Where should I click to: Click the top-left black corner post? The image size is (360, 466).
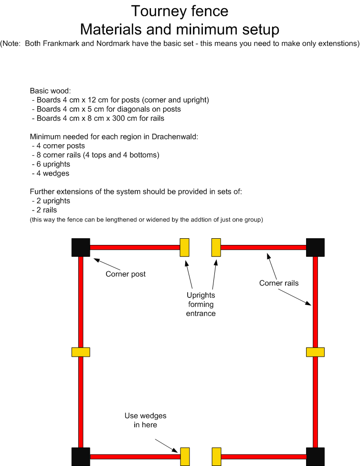click(81, 247)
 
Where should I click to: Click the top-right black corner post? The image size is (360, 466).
click(315, 247)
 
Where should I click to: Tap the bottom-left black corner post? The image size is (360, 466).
click(81, 457)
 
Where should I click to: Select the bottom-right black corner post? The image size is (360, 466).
click(315, 457)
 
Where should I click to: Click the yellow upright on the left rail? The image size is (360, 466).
click(81, 352)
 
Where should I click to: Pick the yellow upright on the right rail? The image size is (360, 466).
click(315, 352)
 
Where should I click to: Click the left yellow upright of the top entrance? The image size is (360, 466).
click(185, 247)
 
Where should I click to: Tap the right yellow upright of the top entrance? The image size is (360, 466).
click(216, 247)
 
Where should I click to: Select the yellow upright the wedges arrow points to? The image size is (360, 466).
click(185, 457)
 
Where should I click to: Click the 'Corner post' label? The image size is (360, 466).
click(126, 274)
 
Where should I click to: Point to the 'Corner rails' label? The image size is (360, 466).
click(279, 283)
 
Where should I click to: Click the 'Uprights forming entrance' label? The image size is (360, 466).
click(201, 304)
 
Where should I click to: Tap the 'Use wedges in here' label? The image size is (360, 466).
click(145, 420)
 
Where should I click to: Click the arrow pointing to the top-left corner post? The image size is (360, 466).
click(107, 264)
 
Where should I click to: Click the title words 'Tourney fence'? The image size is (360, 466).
click(180, 11)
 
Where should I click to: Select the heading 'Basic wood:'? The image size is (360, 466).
click(50, 91)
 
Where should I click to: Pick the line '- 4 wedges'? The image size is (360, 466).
click(51, 173)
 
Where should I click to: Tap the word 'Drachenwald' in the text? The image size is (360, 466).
click(174, 137)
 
